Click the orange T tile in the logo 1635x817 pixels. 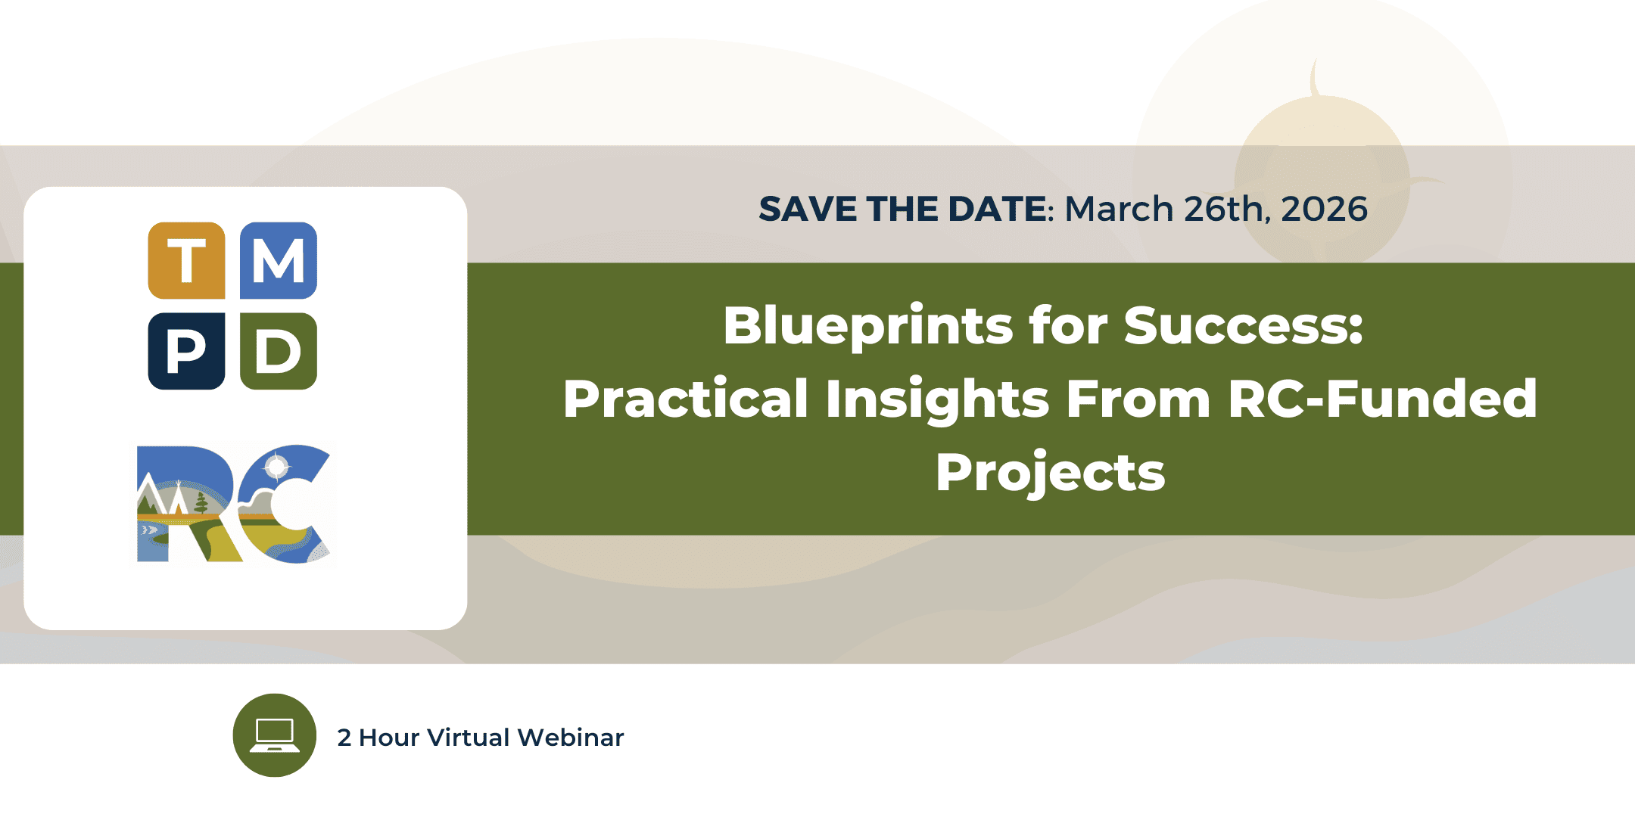click(186, 260)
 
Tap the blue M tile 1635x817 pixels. click(279, 260)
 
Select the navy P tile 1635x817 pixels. click(186, 351)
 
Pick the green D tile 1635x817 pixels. click(279, 351)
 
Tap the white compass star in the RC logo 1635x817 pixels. click(276, 467)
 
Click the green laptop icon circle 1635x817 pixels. click(275, 735)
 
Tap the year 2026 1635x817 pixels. click(1325, 209)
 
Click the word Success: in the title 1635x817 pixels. click(1243, 326)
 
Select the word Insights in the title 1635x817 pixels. click(937, 399)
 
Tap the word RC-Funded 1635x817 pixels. click(1382, 399)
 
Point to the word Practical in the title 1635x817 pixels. click(686, 399)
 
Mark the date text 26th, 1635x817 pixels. click(1227, 210)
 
